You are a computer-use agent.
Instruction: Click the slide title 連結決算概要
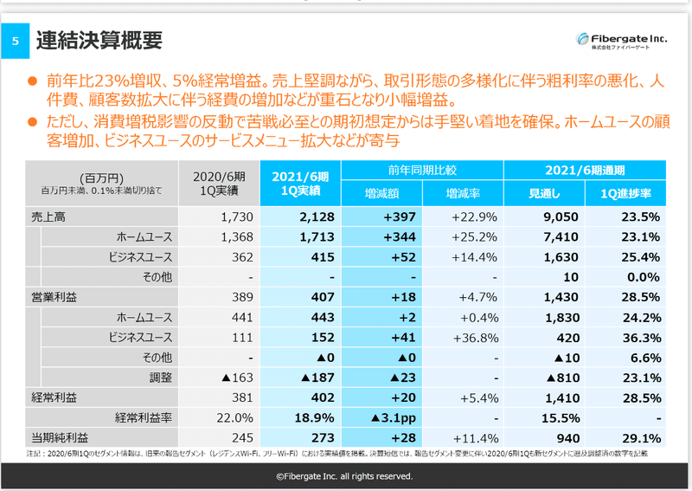click(99, 40)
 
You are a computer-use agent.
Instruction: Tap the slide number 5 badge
click(14, 42)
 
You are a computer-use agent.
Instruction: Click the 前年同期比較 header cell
click(421, 170)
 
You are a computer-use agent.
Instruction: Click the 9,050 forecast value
click(555, 216)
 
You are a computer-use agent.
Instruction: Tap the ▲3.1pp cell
click(394, 417)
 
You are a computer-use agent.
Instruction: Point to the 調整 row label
click(158, 378)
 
